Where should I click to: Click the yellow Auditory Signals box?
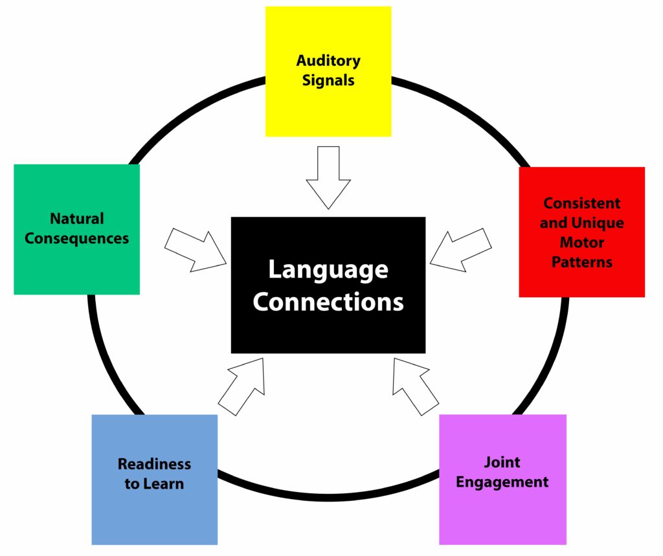click(328, 71)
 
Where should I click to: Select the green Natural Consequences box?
click(77, 230)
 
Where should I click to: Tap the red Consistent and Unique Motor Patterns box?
click(582, 232)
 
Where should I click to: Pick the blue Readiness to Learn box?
click(155, 480)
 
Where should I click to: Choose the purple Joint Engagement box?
click(502, 480)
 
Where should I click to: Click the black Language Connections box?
click(328, 285)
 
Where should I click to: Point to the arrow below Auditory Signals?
click(328, 177)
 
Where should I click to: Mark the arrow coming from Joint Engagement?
click(416, 386)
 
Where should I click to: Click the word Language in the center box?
click(328, 271)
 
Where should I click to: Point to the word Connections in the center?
click(328, 302)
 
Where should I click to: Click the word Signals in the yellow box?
click(328, 80)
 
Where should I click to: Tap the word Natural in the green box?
click(77, 219)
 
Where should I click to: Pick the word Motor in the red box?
click(582, 242)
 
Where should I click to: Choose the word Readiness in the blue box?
click(154, 464)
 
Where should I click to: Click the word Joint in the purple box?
click(502, 461)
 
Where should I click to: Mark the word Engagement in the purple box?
click(502, 482)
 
